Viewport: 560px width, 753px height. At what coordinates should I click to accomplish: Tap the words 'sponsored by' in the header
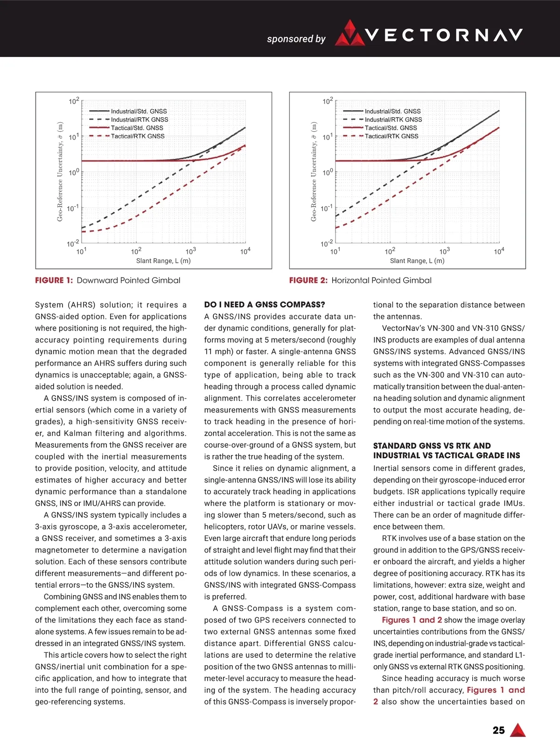tap(296, 39)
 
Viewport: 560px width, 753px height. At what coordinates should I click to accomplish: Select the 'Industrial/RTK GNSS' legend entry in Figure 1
tap(140, 120)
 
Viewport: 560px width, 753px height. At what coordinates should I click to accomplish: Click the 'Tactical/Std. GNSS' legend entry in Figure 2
tap(391, 128)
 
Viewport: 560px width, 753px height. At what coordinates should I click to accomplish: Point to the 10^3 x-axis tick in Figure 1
tap(190, 251)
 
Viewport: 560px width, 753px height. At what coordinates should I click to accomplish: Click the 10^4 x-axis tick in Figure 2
tap(499, 251)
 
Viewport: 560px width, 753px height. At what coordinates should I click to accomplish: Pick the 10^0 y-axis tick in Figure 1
tap(74, 172)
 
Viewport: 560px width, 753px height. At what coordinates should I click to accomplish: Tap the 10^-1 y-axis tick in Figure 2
tap(327, 208)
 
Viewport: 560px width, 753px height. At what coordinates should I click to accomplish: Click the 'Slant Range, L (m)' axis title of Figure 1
tap(163, 261)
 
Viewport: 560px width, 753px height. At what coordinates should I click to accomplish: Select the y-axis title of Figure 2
tap(314, 172)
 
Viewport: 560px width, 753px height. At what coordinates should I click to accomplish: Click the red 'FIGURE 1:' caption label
tap(54, 281)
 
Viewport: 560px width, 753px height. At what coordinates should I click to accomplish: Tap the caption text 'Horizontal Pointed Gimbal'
tap(381, 281)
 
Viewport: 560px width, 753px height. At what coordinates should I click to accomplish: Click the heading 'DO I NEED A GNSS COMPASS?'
tap(265, 305)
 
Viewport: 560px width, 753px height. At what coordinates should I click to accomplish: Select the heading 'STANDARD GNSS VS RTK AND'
tap(432, 446)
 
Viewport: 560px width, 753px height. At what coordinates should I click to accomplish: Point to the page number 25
tap(498, 731)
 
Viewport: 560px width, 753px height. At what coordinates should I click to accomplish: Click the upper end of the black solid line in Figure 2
tap(498, 111)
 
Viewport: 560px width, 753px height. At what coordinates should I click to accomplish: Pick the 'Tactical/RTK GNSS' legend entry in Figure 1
tap(138, 136)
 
